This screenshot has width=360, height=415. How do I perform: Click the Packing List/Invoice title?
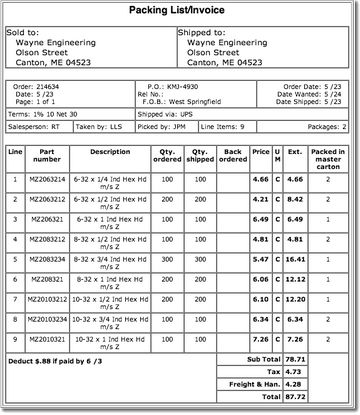(x=181, y=9)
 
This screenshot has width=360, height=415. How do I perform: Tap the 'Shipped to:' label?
(x=203, y=32)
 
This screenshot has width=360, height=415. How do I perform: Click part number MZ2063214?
(x=47, y=179)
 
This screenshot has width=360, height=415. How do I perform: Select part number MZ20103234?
(x=47, y=320)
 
